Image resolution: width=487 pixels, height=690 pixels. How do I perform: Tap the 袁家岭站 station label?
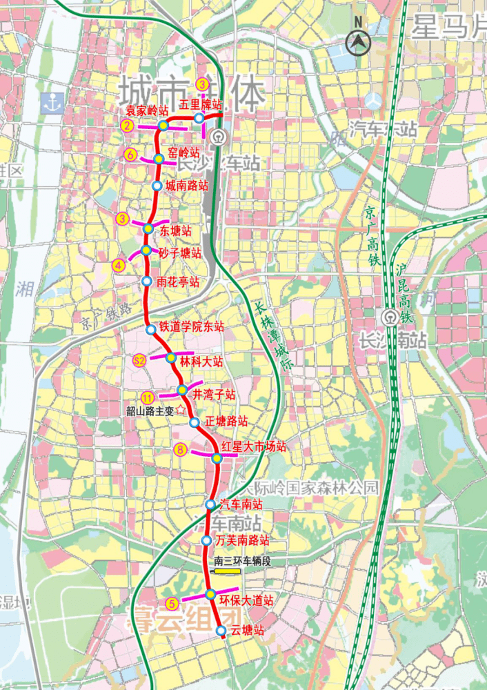click(147, 110)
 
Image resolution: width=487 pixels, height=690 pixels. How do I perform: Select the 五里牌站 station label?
click(201, 105)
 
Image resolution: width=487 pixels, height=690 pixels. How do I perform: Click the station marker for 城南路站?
click(157, 186)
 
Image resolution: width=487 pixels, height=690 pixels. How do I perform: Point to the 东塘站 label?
click(176, 230)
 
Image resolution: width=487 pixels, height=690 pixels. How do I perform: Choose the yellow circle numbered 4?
click(119, 264)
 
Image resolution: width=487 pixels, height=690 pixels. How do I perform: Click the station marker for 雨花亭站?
click(146, 281)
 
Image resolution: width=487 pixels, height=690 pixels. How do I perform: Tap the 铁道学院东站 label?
click(192, 327)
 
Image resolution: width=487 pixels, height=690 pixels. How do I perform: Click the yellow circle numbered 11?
click(147, 397)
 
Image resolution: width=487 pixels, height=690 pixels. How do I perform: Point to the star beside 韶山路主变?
click(181, 409)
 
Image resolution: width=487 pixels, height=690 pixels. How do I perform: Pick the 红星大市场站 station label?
click(254, 446)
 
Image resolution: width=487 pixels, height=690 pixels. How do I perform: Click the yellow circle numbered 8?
click(181, 450)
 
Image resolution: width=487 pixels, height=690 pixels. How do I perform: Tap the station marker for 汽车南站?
click(210, 504)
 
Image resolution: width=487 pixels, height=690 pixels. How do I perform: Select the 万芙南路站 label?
click(242, 540)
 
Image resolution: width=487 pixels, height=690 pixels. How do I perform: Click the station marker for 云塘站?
click(221, 631)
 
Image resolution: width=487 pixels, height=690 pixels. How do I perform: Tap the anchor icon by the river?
click(51, 103)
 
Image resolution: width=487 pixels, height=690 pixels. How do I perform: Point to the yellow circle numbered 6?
click(131, 155)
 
